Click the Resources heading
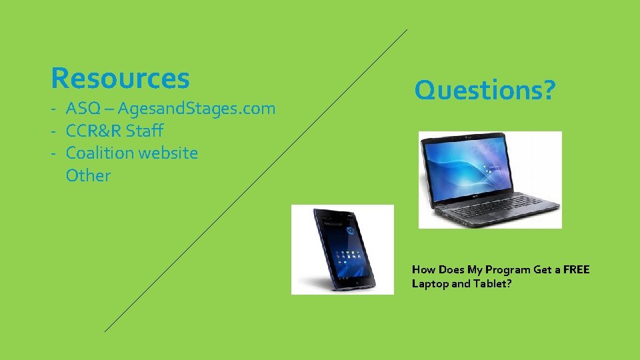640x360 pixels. coord(120,78)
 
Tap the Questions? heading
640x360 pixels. coord(484,89)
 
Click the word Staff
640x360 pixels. coord(143,131)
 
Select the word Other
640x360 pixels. coord(88,175)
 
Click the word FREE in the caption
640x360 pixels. coord(576,269)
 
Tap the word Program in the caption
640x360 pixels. coord(507,269)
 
